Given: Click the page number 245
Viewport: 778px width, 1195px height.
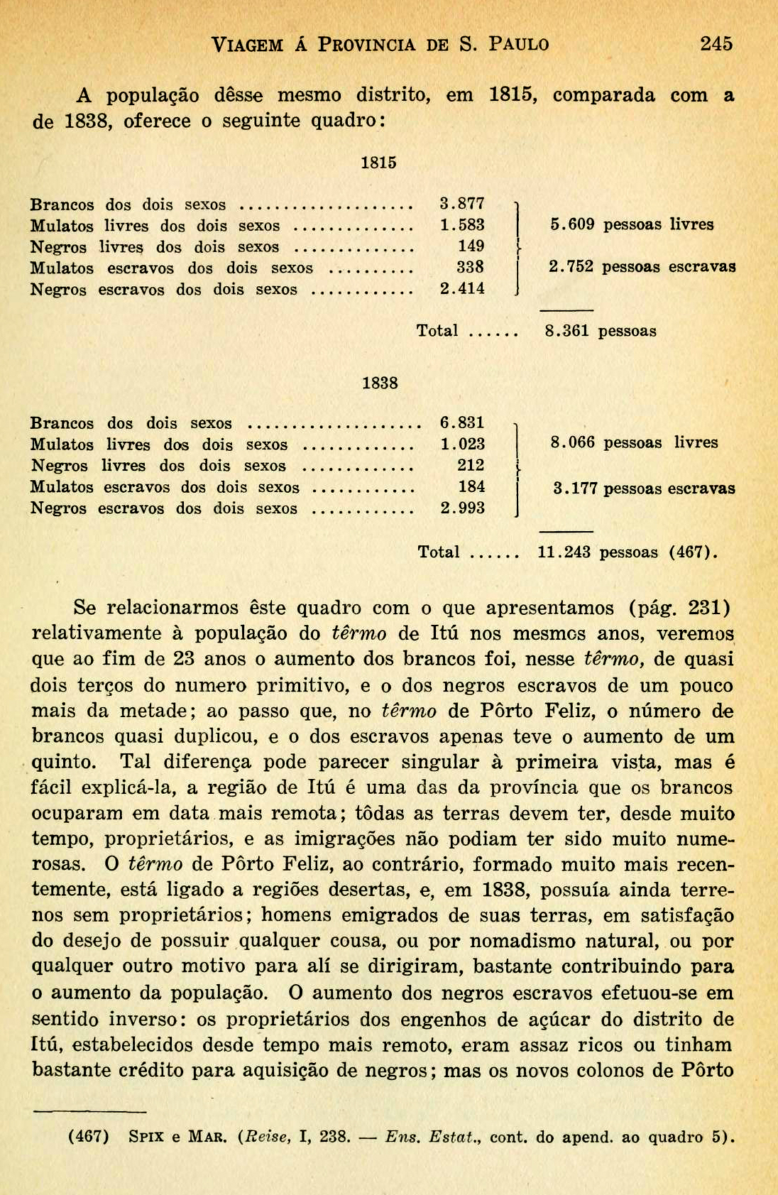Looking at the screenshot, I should (716, 44).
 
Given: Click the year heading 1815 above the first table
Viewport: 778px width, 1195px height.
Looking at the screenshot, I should (378, 163).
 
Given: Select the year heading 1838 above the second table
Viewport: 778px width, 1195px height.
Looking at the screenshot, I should (380, 383).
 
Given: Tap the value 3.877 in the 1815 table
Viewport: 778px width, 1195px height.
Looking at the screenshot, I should (462, 204).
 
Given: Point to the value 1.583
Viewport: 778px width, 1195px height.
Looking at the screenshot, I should (462, 226).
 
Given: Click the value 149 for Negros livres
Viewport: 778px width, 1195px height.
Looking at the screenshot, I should (471, 246).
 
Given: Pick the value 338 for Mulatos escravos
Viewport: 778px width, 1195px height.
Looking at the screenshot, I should (470, 268).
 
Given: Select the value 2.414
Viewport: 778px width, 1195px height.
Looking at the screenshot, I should (462, 289).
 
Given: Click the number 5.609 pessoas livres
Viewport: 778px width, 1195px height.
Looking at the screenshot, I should (572, 225).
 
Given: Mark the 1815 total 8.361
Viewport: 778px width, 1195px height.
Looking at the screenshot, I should (566, 331).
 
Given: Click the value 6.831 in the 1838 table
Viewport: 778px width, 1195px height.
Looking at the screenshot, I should (462, 423).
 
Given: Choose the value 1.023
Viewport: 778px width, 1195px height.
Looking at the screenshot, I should (462, 444).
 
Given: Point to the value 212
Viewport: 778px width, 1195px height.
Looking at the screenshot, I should (471, 466).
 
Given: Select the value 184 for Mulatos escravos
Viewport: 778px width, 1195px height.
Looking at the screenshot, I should (471, 487).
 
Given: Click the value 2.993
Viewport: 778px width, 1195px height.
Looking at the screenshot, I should (462, 508).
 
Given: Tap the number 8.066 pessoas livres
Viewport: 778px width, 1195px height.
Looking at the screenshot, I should (572, 443).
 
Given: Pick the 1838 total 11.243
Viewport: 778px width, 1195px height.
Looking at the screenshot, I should (564, 552).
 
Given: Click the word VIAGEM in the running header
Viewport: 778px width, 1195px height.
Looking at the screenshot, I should (247, 45).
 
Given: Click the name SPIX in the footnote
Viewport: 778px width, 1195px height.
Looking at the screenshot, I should (147, 1137).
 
